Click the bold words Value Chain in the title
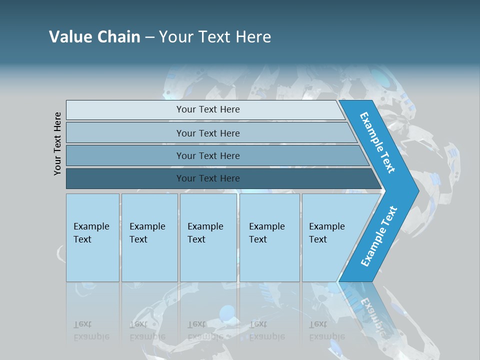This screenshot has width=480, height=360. pos(94,36)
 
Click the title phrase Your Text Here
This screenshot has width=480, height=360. pos(215,36)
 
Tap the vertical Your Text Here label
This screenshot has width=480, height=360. pos(57,143)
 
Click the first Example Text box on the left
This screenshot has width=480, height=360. pos(92,237)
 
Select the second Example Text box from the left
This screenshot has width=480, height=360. pos(149,237)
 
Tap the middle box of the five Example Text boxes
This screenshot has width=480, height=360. pos(208,237)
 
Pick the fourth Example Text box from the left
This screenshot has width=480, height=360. pos(269,237)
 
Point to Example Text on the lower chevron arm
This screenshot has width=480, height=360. pos(379,236)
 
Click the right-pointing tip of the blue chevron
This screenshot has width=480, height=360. pos(416,190)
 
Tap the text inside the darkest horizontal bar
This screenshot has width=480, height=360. pos(208,178)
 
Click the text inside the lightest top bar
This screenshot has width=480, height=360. pos(208,109)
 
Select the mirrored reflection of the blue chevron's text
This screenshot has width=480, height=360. pos(370,310)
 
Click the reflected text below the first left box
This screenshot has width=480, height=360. pos(91,330)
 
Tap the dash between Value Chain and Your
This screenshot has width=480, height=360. pos(149,37)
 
